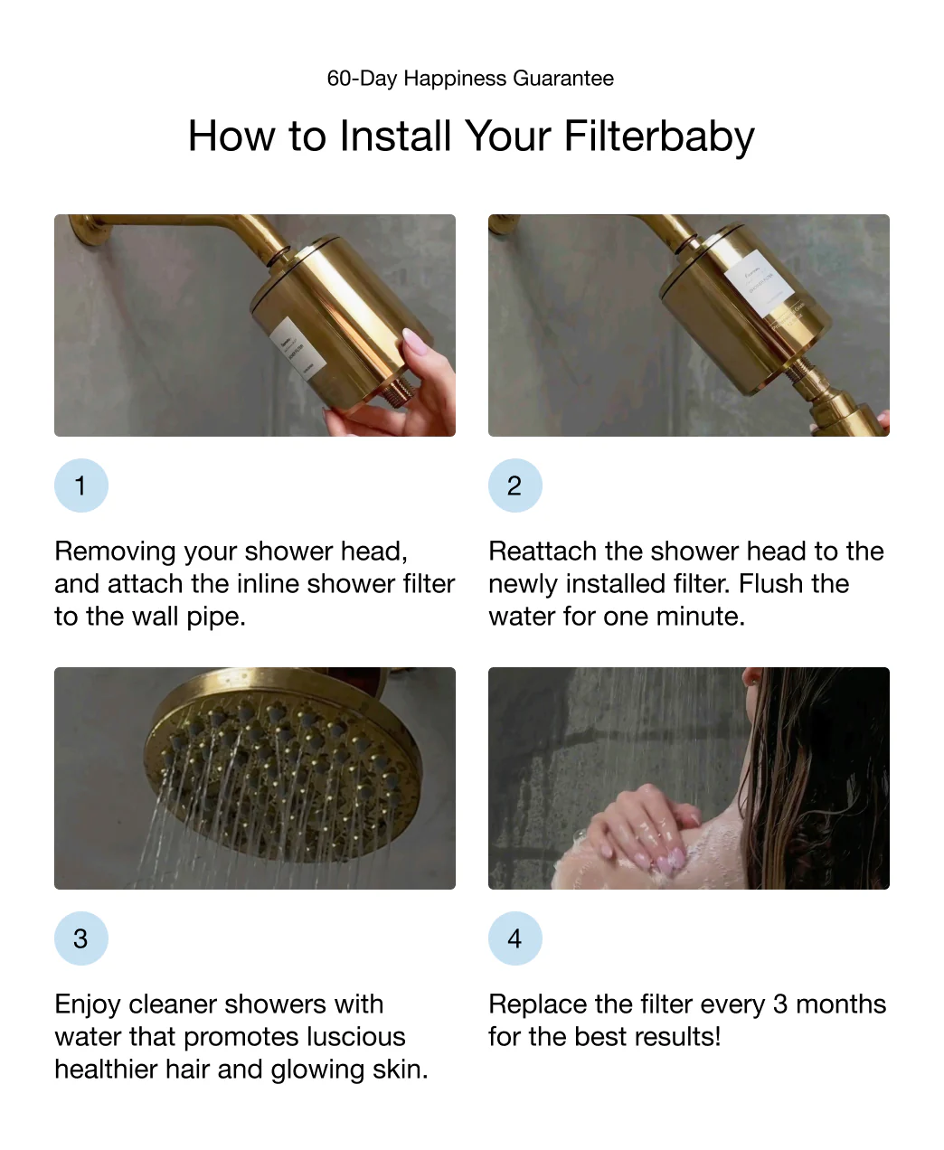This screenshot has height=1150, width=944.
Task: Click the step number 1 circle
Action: (x=80, y=485)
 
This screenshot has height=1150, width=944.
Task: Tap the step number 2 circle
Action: (x=514, y=485)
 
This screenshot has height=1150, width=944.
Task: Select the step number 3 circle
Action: (x=80, y=938)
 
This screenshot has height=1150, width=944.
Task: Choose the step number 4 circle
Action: (x=514, y=938)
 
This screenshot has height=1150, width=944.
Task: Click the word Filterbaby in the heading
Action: (x=658, y=137)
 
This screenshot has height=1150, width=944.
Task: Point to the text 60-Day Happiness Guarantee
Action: (x=470, y=79)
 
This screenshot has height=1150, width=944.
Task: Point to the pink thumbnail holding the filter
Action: (x=415, y=342)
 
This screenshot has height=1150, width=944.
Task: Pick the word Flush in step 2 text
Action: (x=770, y=584)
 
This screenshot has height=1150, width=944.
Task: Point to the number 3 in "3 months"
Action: (x=779, y=1004)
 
